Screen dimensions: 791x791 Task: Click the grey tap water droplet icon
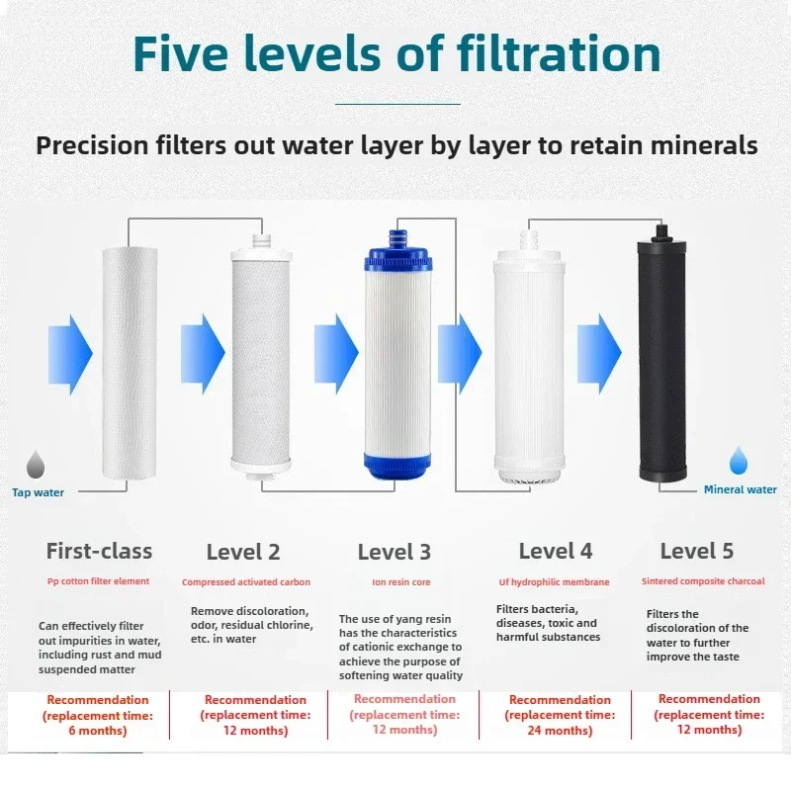(x=37, y=464)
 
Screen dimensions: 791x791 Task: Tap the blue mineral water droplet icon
(x=739, y=461)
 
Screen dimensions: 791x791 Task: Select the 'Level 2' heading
(x=243, y=552)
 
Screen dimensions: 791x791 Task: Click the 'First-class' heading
(x=99, y=551)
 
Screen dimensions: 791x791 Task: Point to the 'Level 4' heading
(x=556, y=551)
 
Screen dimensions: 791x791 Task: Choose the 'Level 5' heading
(x=697, y=551)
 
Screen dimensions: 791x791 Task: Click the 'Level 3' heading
(x=395, y=552)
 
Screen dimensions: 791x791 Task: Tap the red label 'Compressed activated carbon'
(x=245, y=582)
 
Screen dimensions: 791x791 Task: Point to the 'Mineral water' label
(x=740, y=489)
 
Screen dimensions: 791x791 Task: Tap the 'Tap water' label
(x=38, y=491)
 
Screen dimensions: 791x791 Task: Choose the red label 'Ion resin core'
(x=400, y=582)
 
